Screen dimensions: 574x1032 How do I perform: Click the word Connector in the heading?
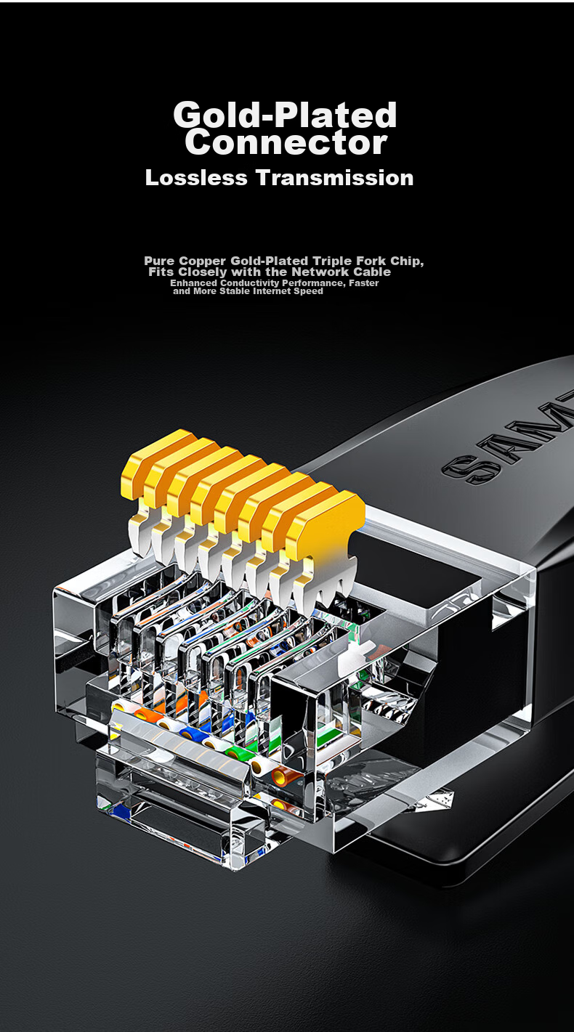(286, 142)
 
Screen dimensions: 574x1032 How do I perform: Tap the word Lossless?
(196, 178)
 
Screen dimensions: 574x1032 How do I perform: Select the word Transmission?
(335, 178)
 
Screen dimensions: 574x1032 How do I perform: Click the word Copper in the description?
(203, 261)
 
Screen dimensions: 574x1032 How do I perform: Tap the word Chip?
(407, 261)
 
